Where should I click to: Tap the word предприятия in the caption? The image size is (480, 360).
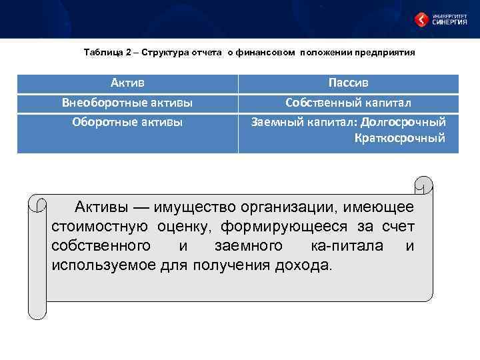387,52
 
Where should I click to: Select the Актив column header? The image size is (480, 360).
127,83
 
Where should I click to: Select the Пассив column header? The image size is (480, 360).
349,83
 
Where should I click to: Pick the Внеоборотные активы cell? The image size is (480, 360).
127,103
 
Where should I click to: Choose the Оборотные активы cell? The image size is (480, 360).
127,122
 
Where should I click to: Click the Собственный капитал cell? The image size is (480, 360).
349,103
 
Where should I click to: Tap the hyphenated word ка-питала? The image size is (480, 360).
347,246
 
